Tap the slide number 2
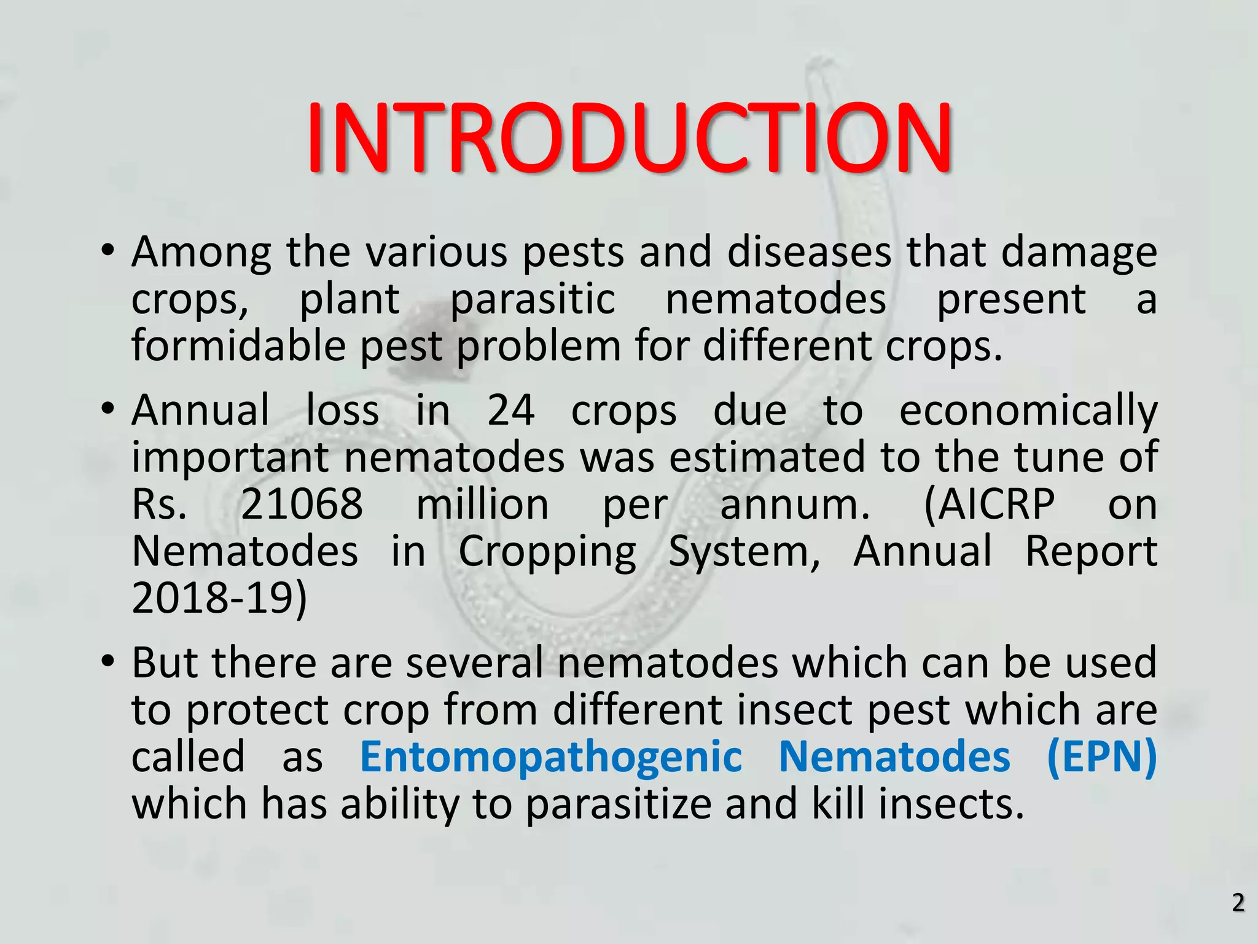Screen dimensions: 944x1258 [x=1238, y=903]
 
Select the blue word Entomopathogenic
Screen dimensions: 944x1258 [x=550, y=757]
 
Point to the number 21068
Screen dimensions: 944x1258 [x=302, y=505]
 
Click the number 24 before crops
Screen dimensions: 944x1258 [x=510, y=411]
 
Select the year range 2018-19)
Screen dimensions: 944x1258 [x=219, y=598]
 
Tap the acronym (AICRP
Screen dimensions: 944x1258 [x=989, y=505]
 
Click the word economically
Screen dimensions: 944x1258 [x=1028, y=411]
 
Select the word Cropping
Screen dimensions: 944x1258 [x=547, y=551]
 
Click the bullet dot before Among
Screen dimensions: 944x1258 [x=107, y=252]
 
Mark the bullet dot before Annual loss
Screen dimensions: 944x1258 [x=107, y=409]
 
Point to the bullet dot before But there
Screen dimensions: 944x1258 [x=107, y=663]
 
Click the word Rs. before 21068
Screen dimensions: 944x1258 [x=159, y=505]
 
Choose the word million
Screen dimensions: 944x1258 [x=482, y=505]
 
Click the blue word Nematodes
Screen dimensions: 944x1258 [x=894, y=757]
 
